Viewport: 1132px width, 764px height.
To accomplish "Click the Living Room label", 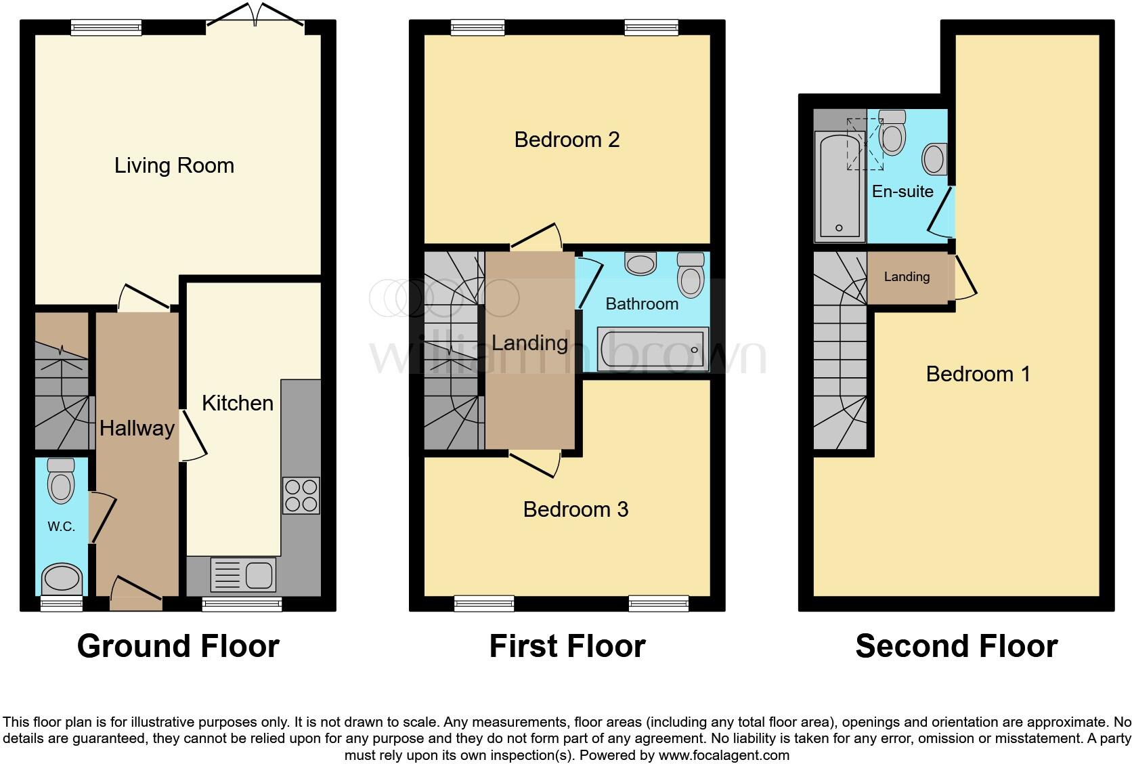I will click(174, 165).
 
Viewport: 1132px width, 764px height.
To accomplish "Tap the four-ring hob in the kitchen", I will click(301, 496).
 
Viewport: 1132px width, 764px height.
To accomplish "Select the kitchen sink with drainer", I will click(243, 575).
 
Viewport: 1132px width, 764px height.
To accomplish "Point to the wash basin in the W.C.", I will click(62, 580).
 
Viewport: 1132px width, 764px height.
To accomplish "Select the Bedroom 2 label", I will click(567, 140).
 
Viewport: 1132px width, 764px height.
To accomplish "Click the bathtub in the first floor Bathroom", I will click(653, 349).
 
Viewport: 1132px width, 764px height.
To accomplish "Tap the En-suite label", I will click(902, 192).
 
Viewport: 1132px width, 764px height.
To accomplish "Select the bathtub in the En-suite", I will click(840, 186).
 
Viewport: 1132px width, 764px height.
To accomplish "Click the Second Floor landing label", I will click(907, 276).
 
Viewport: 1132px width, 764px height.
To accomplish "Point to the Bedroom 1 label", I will click(978, 374).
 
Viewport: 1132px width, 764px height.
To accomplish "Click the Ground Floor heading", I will click(178, 645).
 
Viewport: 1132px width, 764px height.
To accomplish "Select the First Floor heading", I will click(567, 645).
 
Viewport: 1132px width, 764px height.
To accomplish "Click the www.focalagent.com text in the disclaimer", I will click(723, 755).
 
